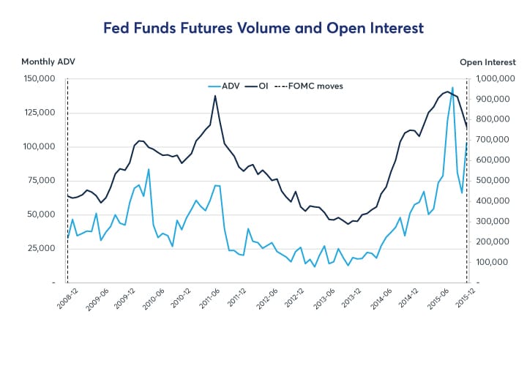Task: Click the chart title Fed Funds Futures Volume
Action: coord(263,29)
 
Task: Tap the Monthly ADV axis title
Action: coord(48,62)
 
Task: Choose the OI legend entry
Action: coord(261,86)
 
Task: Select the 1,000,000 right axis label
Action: coord(497,79)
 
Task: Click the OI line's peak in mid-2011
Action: coord(215,96)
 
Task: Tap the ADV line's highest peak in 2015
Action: coord(452,87)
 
